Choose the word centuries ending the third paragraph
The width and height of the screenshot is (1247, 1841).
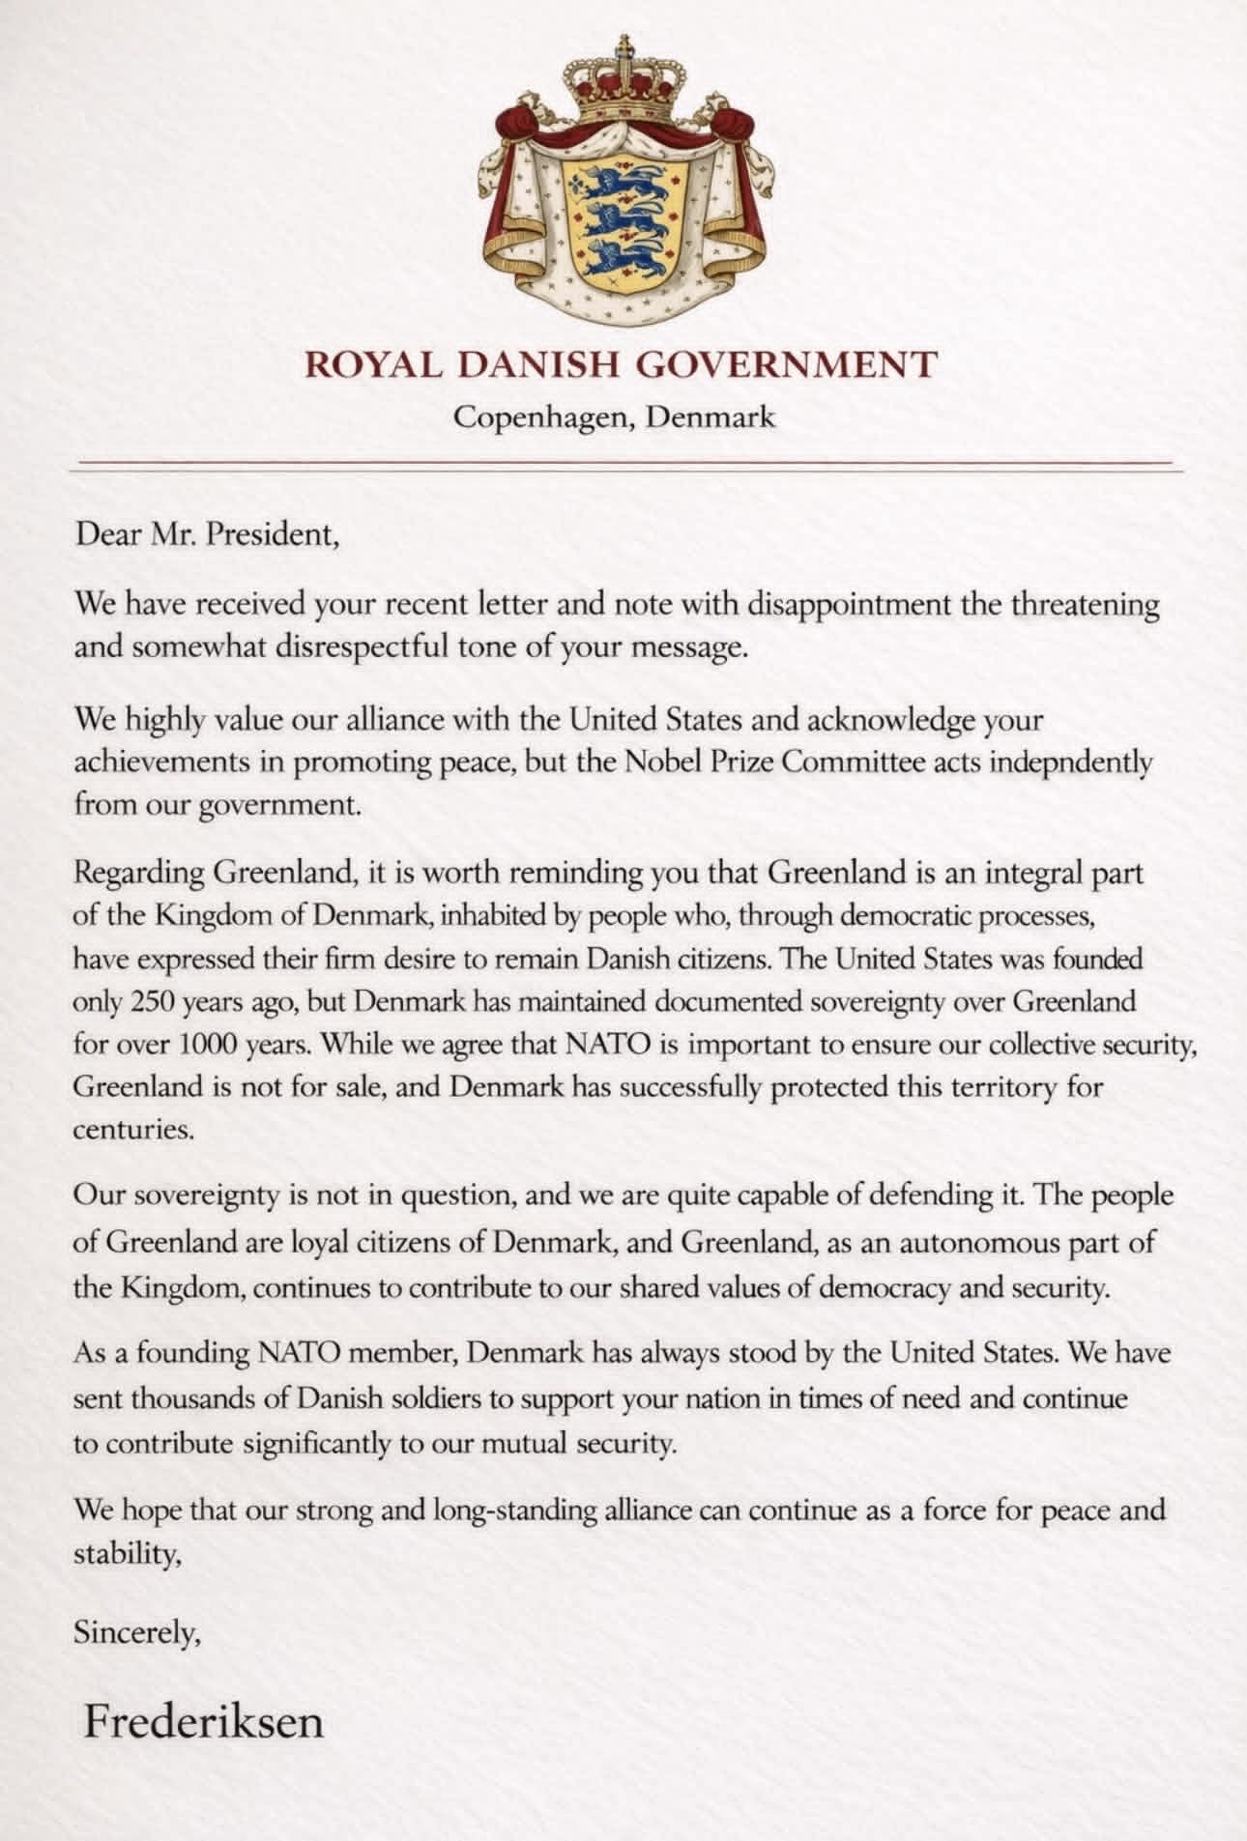[133, 1129]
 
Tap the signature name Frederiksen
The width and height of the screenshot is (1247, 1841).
[203, 1722]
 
